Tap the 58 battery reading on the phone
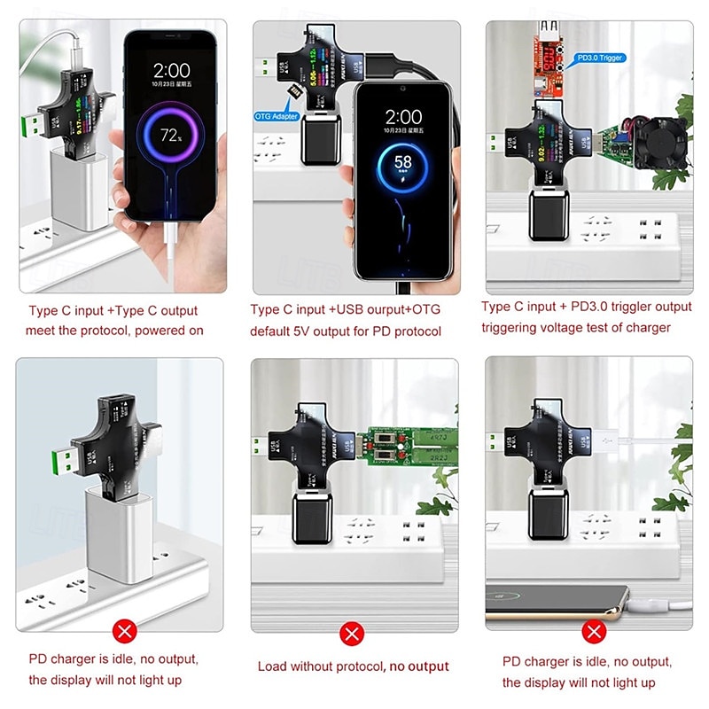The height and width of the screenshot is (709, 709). click(x=403, y=163)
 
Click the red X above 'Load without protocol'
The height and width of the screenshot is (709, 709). click(x=354, y=634)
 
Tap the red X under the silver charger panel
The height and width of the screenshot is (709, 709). click(x=126, y=632)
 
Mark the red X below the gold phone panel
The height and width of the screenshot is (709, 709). click(x=592, y=632)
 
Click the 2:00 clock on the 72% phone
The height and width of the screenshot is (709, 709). click(x=171, y=70)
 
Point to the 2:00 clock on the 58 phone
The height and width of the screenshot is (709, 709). click(x=404, y=117)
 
